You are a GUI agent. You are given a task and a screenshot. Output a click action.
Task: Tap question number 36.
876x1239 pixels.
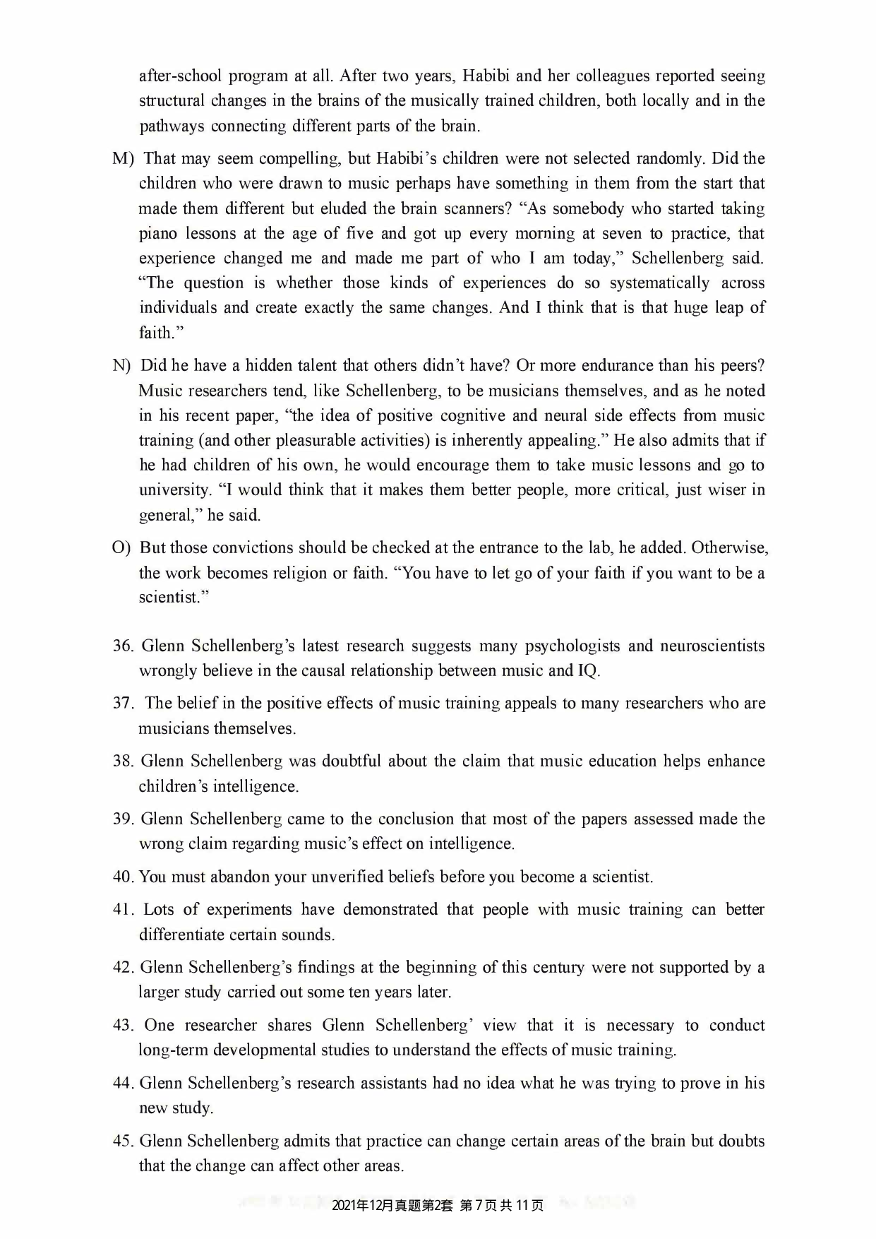click(123, 646)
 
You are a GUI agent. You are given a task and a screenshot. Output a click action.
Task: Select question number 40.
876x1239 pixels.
click(123, 877)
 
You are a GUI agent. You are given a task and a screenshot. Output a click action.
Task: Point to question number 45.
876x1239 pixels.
click(123, 1142)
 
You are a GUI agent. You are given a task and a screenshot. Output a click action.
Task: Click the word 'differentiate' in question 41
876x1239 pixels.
click(181, 935)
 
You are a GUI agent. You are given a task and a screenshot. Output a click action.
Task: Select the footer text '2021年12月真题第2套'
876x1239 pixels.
click(391, 1205)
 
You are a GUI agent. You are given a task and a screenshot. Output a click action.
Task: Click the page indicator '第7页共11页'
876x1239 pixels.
click(501, 1205)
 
